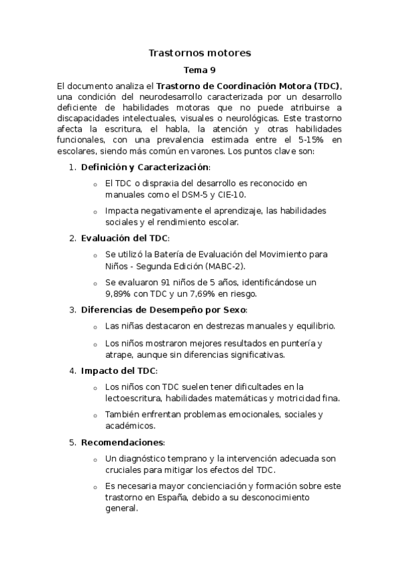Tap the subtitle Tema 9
(x=199, y=69)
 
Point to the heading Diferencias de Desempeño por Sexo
(x=164, y=309)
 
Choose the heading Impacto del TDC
(x=119, y=370)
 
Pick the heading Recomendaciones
(x=122, y=442)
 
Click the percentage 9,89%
(x=121, y=293)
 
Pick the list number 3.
(x=73, y=309)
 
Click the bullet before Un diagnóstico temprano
(x=95, y=460)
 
